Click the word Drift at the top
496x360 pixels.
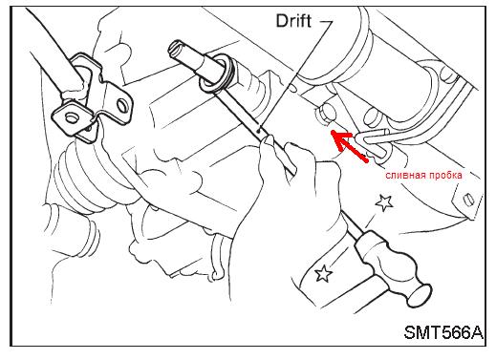coord(293,21)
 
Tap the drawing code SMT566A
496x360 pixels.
coord(443,332)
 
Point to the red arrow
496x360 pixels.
coord(349,145)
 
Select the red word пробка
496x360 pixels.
coord(445,176)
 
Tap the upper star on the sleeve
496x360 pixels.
coord(383,202)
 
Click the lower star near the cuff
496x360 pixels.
coord(323,274)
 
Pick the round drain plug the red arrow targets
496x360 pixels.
coord(326,114)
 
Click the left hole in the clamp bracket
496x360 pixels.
coord(70,118)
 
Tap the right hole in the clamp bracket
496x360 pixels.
coord(122,106)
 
